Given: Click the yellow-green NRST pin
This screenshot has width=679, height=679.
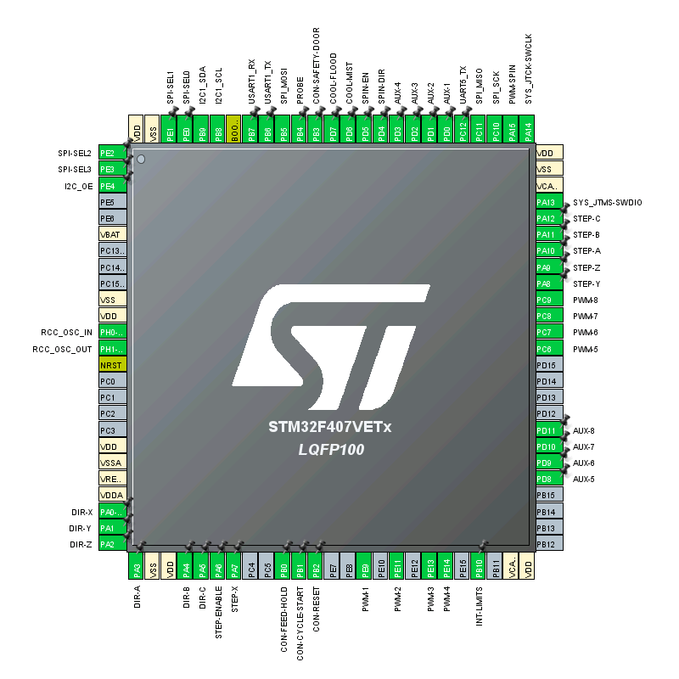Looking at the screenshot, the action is (x=112, y=365).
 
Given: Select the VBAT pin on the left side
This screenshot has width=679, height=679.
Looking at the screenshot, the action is (x=112, y=234).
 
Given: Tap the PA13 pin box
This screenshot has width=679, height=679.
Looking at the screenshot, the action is (x=549, y=202).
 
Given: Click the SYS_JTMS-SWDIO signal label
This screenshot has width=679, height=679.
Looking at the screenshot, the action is (x=608, y=203).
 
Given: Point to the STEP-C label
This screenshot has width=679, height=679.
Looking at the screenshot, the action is (x=586, y=219).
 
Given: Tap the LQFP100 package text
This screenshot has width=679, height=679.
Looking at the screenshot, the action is (x=331, y=450).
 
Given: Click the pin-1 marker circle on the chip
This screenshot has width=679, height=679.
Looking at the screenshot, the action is (x=142, y=159).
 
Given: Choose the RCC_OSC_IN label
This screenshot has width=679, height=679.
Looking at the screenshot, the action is (x=66, y=333).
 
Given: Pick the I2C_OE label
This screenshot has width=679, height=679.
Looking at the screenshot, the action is (x=79, y=186).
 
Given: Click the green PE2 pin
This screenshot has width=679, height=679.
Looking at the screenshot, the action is (x=112, y=153).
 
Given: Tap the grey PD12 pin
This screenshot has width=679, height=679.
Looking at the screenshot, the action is (x=549, y=414).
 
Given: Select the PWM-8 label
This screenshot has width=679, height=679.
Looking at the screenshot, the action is (x=585, y=300).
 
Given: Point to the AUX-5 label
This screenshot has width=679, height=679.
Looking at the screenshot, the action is (x=584, y=480).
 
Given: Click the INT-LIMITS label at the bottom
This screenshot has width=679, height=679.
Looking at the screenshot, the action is (x=480, y=606).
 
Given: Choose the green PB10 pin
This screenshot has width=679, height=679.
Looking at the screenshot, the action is (x=480, y=564).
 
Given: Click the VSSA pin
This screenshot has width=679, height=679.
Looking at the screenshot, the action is (x=112, y=463).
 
